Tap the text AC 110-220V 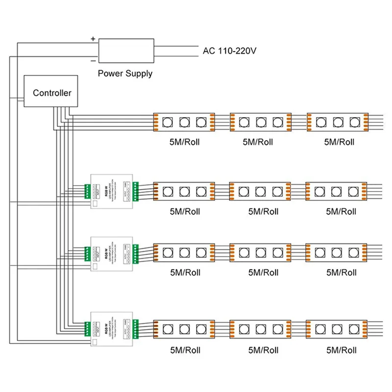click(x=230, y=50)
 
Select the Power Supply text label click(x=125, y=73)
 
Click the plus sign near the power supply click(x=93, y=38)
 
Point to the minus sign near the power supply click(x=93, y=61)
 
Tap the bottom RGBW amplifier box click(x=112, y=328)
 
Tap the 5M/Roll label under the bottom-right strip click(x=341, y=350)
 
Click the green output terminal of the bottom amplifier click(x=136, y=328)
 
